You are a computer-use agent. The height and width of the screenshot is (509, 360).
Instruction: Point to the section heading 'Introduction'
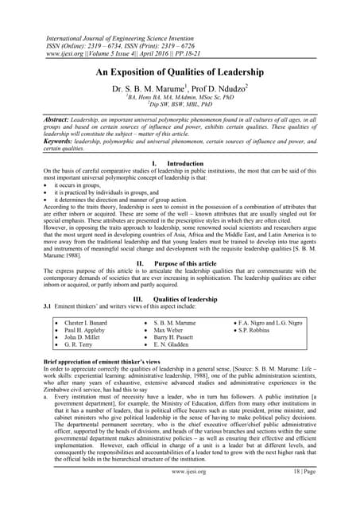[x=191, y=164]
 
